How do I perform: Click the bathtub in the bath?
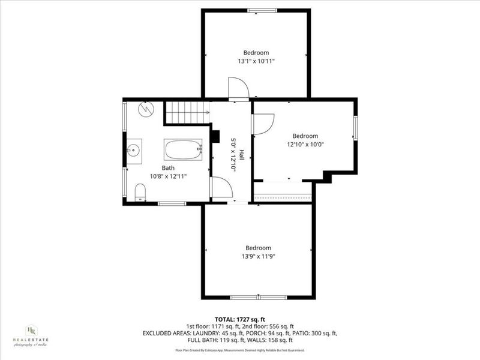point(183,149)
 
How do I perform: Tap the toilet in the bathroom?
point(140,192)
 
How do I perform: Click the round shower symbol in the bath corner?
point(146,109)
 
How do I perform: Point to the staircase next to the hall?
point(187,112)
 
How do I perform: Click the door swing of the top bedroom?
point(238,89)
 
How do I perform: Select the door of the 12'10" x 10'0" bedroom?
point(262,124)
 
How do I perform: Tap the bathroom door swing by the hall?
point(221,188)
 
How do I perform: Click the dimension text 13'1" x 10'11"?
point(256,61)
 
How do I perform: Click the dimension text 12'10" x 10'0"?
point(305,144)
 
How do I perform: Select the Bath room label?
point(168,168)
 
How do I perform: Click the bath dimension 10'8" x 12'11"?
point(169,176)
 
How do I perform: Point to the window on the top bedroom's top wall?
point(258,10)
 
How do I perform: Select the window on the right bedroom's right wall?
point(355,128)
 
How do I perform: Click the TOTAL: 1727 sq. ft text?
point(239,319)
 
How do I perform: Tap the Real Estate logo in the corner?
point(31,335)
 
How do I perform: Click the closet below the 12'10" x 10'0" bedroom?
point(283,191)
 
